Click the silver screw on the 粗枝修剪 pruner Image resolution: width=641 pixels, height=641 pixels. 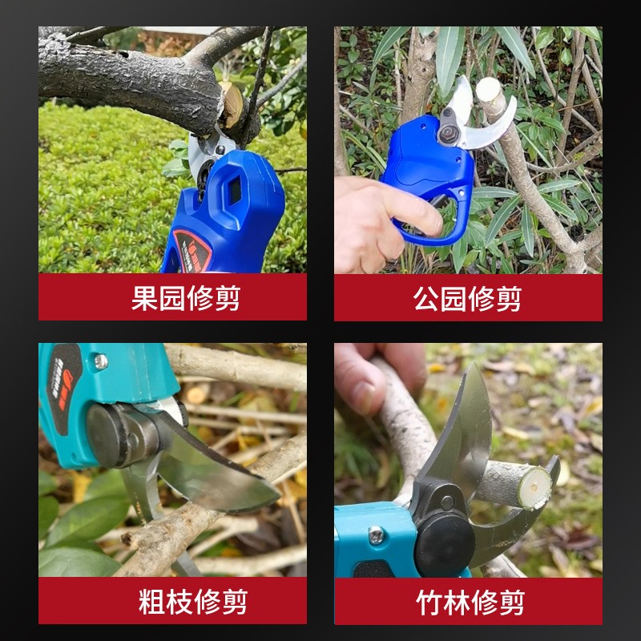(x=101, y=361)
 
